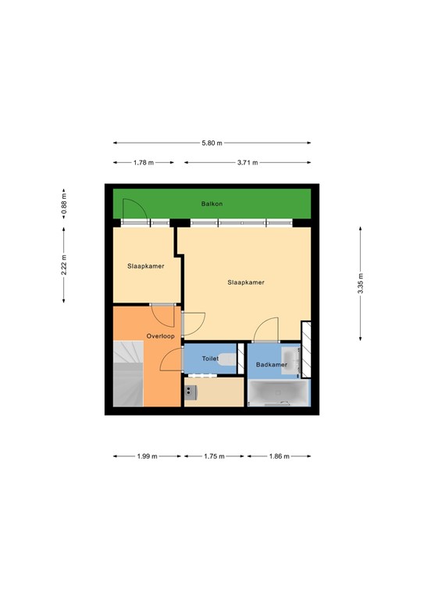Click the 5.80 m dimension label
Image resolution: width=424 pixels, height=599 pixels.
tap(212, 143)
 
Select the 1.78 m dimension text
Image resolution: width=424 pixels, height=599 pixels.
tap(144, 162)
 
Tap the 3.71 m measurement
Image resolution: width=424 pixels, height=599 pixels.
tap(247, 162)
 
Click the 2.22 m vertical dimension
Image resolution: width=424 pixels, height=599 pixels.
tap(65, 266)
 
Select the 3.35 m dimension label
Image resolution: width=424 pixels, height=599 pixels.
tap(360, 283)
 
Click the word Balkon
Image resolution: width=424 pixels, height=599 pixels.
tap(212, 204)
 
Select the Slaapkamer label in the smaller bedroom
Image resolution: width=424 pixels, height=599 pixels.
tap(146, 266)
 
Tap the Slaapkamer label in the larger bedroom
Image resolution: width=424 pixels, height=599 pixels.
tap(246, 282)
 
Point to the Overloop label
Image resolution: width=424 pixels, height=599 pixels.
tap(160, 336)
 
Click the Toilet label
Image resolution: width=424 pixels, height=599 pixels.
tap(210, 359)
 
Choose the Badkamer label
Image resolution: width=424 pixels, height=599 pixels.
tap(273, 364)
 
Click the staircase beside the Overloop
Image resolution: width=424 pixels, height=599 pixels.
tap(127, 374)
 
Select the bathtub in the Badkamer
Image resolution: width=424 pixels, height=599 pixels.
tap(278, 393)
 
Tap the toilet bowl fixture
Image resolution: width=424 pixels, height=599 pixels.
tap(227, 359)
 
